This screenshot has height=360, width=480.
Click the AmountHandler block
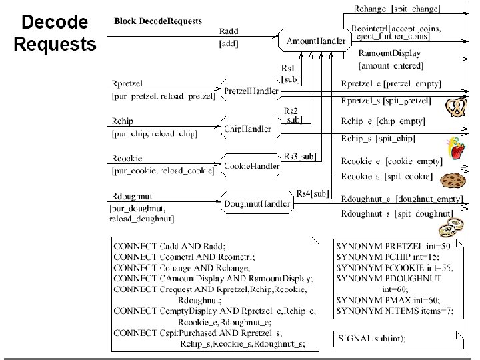[x=316, y=41]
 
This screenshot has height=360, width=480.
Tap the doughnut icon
[x=449, y=227]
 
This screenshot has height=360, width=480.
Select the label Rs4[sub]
[x=313, y=193]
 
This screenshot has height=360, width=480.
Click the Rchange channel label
[x=360, y=9]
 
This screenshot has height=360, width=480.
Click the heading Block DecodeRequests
[x=158, y=21]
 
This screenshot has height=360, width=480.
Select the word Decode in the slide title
[x=55, y=23]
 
